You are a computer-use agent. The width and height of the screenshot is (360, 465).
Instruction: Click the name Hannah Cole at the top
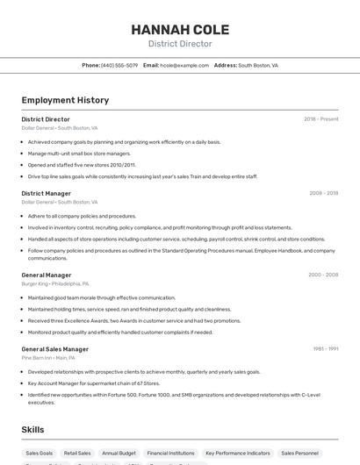coord(179,29)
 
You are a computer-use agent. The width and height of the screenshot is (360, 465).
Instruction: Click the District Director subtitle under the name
coord(179,44)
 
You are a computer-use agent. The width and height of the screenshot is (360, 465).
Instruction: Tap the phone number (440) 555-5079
coord(119,65)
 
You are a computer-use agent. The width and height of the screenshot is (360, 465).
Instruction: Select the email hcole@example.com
coord(176,65)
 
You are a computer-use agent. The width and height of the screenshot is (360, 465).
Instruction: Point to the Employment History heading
coord(65,100)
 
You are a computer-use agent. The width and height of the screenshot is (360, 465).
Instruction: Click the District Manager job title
coord(47,193)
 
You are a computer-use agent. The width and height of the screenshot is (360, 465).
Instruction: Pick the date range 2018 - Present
coord(320,119)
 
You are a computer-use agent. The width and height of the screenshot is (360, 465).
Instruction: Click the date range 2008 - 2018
coord(323,193)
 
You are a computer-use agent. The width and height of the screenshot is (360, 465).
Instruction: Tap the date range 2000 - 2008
coord(323,275)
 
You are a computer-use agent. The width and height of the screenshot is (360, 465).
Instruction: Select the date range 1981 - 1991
coord(325,349)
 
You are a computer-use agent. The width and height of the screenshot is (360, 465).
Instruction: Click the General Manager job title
coord(47,275)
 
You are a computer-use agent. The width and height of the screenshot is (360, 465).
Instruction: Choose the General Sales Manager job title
coord(55,349)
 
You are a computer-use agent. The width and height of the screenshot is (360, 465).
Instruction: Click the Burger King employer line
coord(54,284)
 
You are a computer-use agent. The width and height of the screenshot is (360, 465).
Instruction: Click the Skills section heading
coord(32,429)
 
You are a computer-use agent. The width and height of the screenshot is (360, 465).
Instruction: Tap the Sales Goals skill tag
coord(40,453)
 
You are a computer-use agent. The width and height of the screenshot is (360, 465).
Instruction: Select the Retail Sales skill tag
coord(77,453)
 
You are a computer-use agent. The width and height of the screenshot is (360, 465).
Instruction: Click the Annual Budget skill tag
coord(118,453)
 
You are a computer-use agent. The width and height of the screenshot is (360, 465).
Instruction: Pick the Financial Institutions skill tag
coord(169,453)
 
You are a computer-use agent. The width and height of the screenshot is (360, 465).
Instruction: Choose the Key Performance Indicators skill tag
coord(237,453)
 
